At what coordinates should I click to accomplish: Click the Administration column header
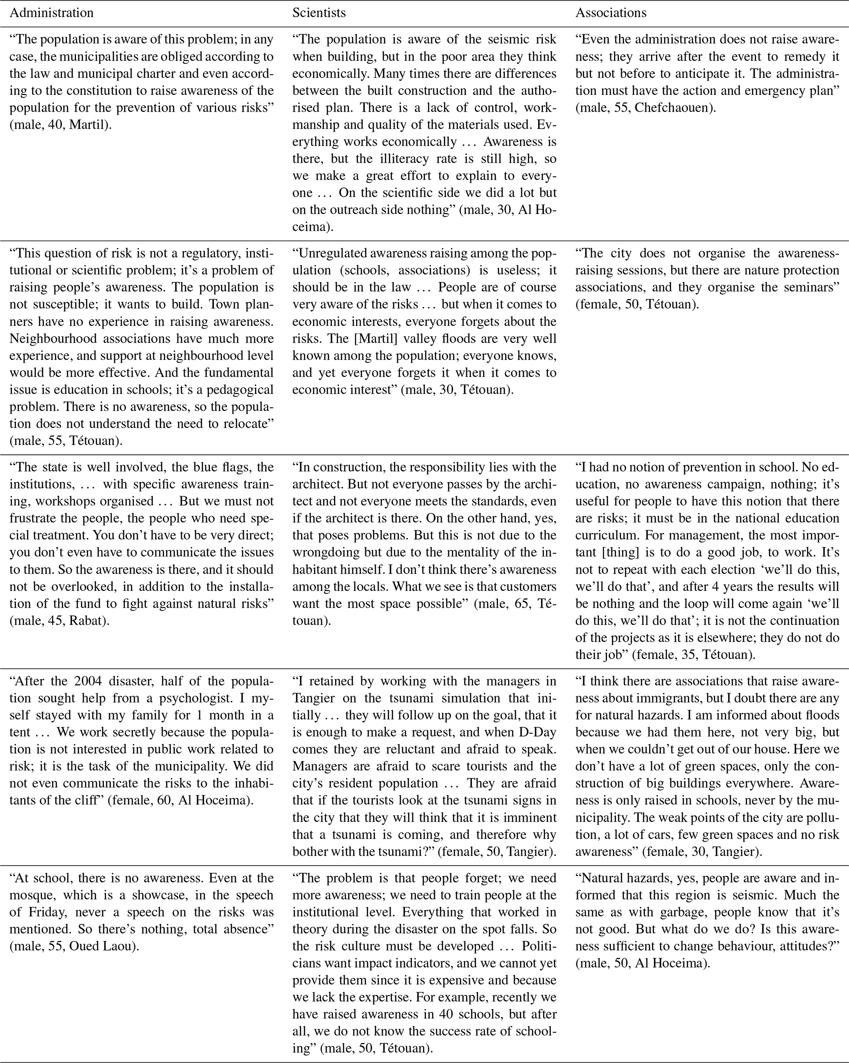click(x=51, y=13)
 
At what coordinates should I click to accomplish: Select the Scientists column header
click(x=319, y=13)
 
